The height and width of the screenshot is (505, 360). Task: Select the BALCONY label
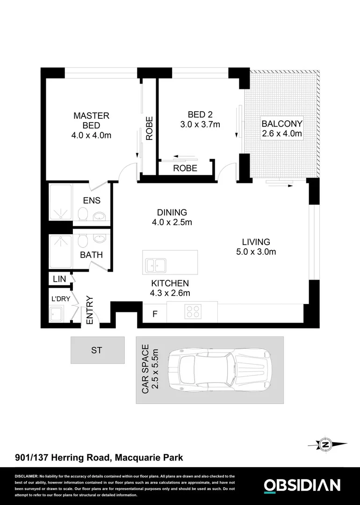[282, 124]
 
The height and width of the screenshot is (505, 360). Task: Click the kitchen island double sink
[156, 265]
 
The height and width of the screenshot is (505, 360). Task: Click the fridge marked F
[155, 314]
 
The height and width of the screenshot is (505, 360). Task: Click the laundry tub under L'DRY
[58, 313]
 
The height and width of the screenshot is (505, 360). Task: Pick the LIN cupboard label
[59, 279]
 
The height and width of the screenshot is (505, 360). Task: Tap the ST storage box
[97, 350]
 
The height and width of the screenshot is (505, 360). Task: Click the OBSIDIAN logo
[302, 485]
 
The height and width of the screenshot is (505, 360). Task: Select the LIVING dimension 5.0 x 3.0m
[256, 252]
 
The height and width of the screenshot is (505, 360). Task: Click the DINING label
[172, 212]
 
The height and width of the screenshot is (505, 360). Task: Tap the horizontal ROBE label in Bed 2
[185, 168]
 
